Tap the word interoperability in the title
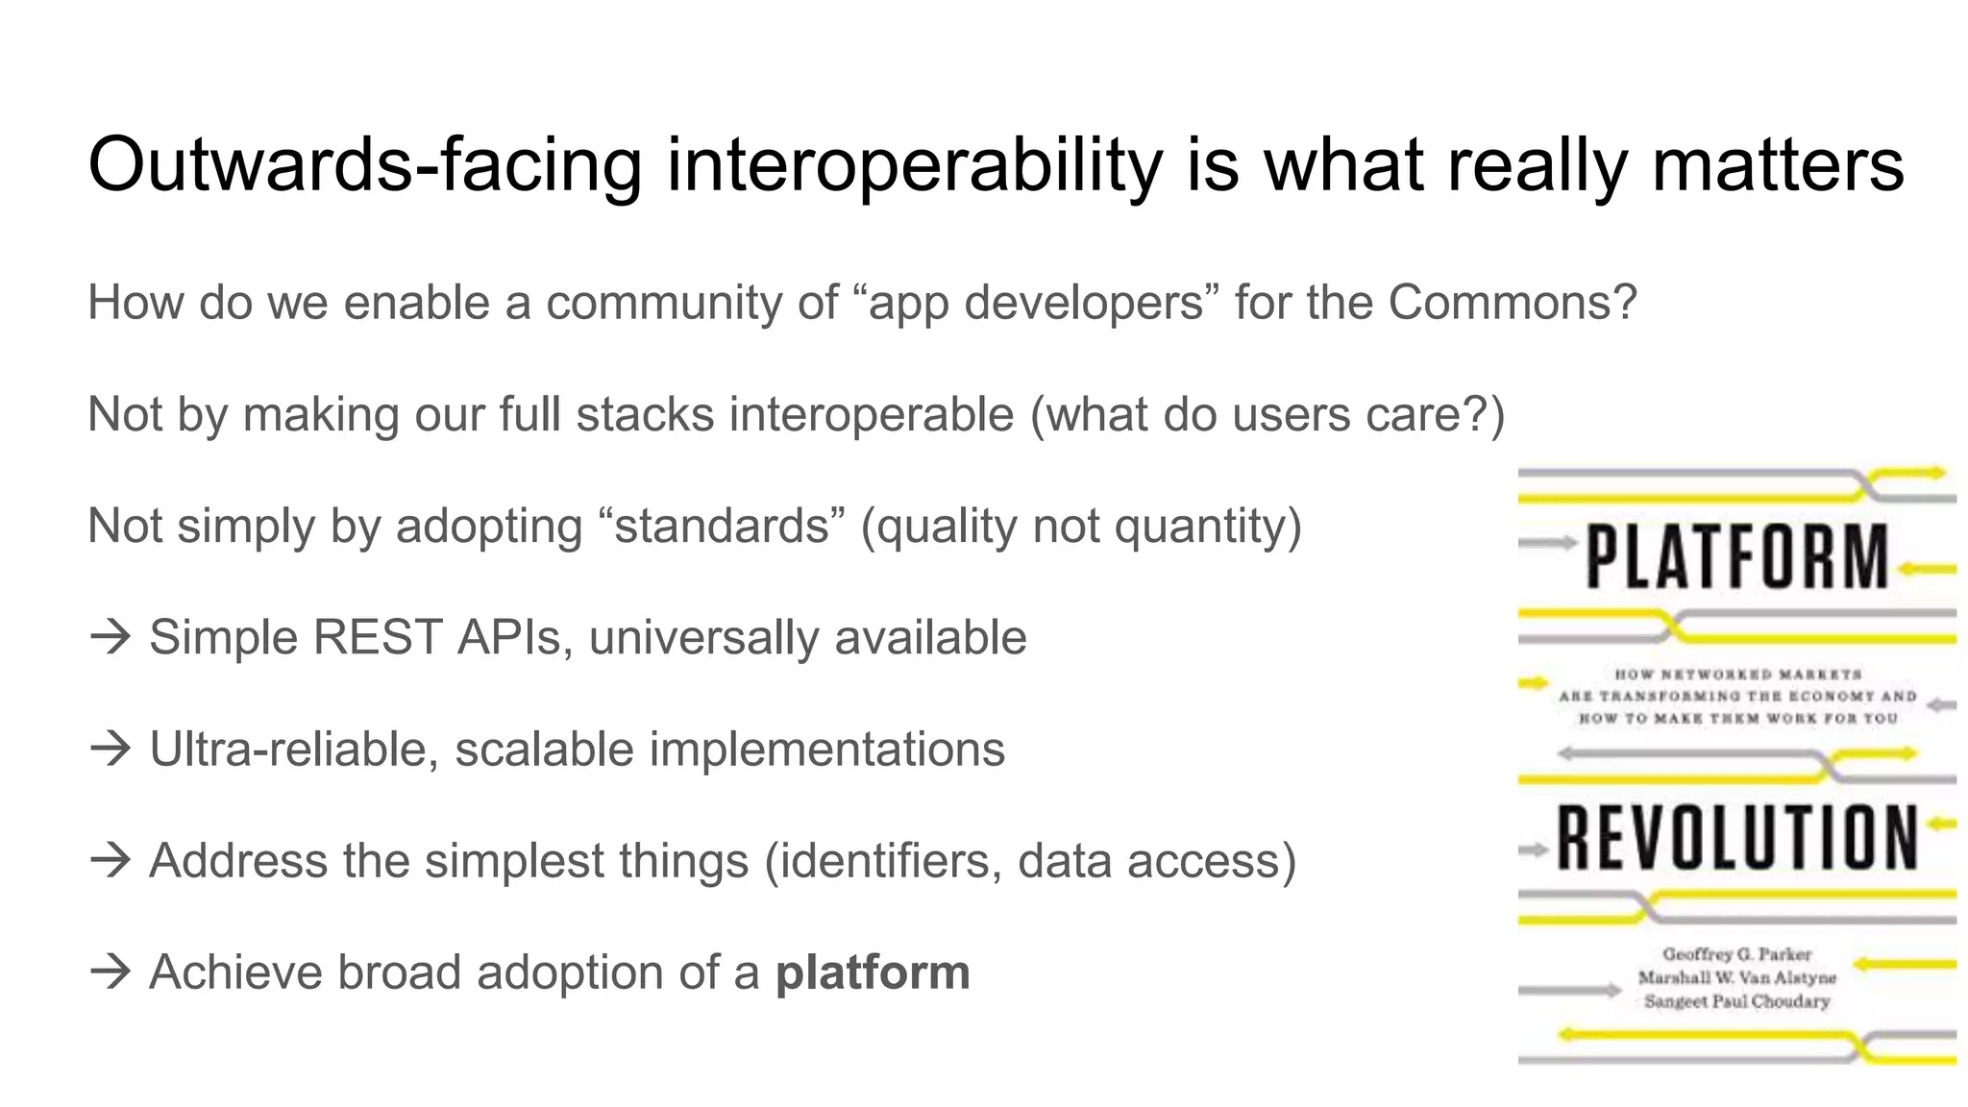click(x=915, y=165)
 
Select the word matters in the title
click(x=1778, y=165)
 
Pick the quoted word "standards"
click(x=722, y=527)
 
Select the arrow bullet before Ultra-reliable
click(x=110, y=750)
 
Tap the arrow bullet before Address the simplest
click(x=110, y=861)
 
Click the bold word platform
click(x=873, y=972)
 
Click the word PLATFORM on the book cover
click(x=1736, y=557)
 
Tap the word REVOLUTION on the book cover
click(x=1736, y=838)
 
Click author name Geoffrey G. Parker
click(x=1736, y=954)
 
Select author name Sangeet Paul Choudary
click(x=1736, y=1001)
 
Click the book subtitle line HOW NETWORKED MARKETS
click(x=1737, y=675)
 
